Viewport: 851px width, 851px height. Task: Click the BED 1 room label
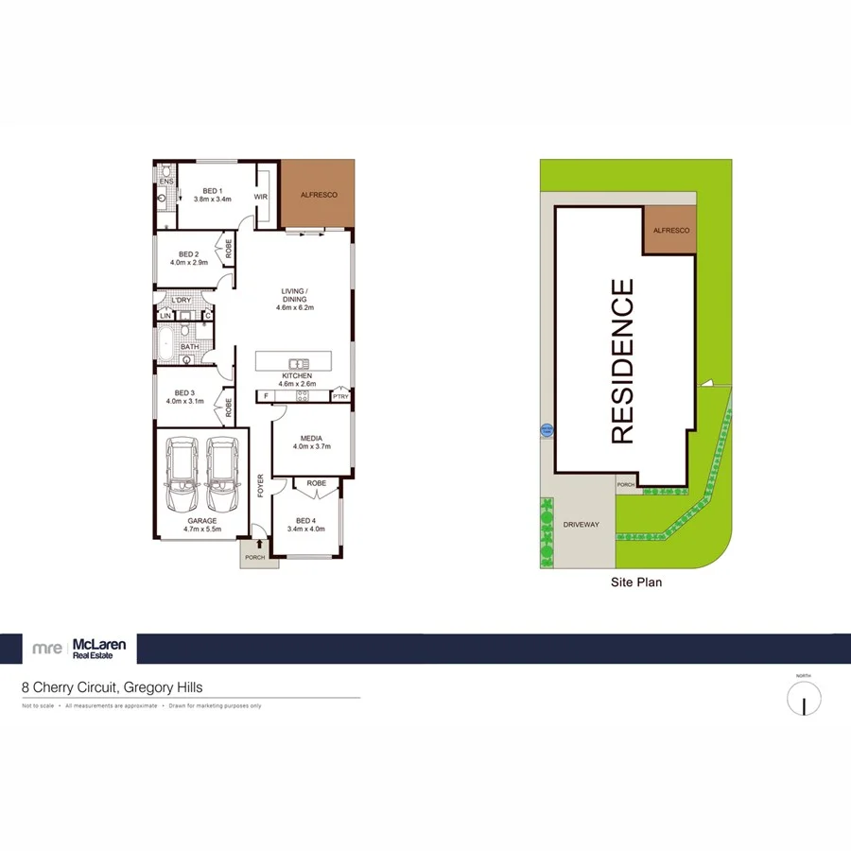213,189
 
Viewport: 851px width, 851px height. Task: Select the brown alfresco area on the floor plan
319,194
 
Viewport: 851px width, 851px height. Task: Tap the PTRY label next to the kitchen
339,396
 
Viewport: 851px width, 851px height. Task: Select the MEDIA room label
311,439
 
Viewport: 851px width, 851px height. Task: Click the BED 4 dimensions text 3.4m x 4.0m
305,530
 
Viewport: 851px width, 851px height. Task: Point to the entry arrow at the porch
258,545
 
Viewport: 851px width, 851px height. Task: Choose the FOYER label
262,485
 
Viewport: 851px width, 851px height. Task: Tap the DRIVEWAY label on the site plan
581,524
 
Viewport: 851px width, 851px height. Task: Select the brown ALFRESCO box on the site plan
669,230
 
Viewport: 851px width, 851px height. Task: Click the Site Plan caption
635,582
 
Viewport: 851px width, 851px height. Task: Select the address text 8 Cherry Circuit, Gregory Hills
113,688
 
